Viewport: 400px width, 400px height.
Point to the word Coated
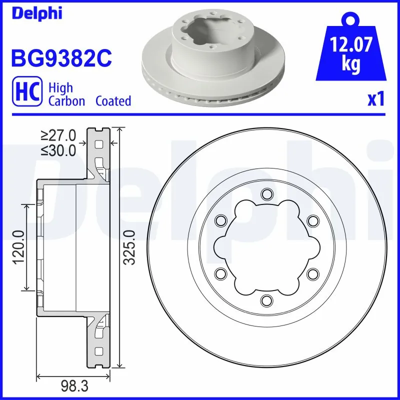click(113, 101)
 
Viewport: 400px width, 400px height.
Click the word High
click(60, 88)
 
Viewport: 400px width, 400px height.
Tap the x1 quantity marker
click(375, 100)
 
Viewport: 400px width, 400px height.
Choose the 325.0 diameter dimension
click(130, 247)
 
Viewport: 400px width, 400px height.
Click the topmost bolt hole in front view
click(266, 194)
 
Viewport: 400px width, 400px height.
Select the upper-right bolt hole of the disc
click(312, 220)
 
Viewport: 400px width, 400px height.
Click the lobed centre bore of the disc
click(266, 247)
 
